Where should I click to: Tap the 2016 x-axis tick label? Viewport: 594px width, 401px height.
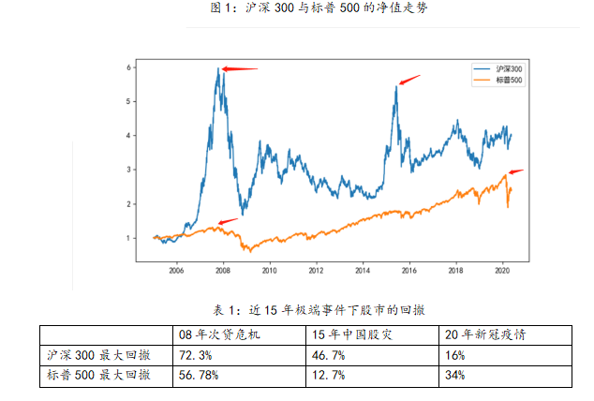(x=408, y=270)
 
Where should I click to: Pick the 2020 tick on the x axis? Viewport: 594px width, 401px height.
(x=501, y=270)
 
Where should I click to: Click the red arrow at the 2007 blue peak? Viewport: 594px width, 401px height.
(x=240, y=68)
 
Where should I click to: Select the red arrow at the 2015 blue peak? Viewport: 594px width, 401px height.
(x=410, y=80)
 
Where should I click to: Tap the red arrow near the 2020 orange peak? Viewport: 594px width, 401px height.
(x=516, y=171)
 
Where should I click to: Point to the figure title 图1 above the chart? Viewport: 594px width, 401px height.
(x=296, y=7)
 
